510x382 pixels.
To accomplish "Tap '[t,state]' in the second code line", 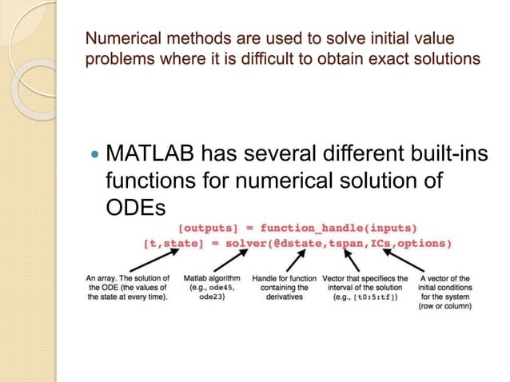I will (174, 242).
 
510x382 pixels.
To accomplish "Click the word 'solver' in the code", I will (249, 242).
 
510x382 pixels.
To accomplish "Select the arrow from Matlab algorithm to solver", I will (225, 259).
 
